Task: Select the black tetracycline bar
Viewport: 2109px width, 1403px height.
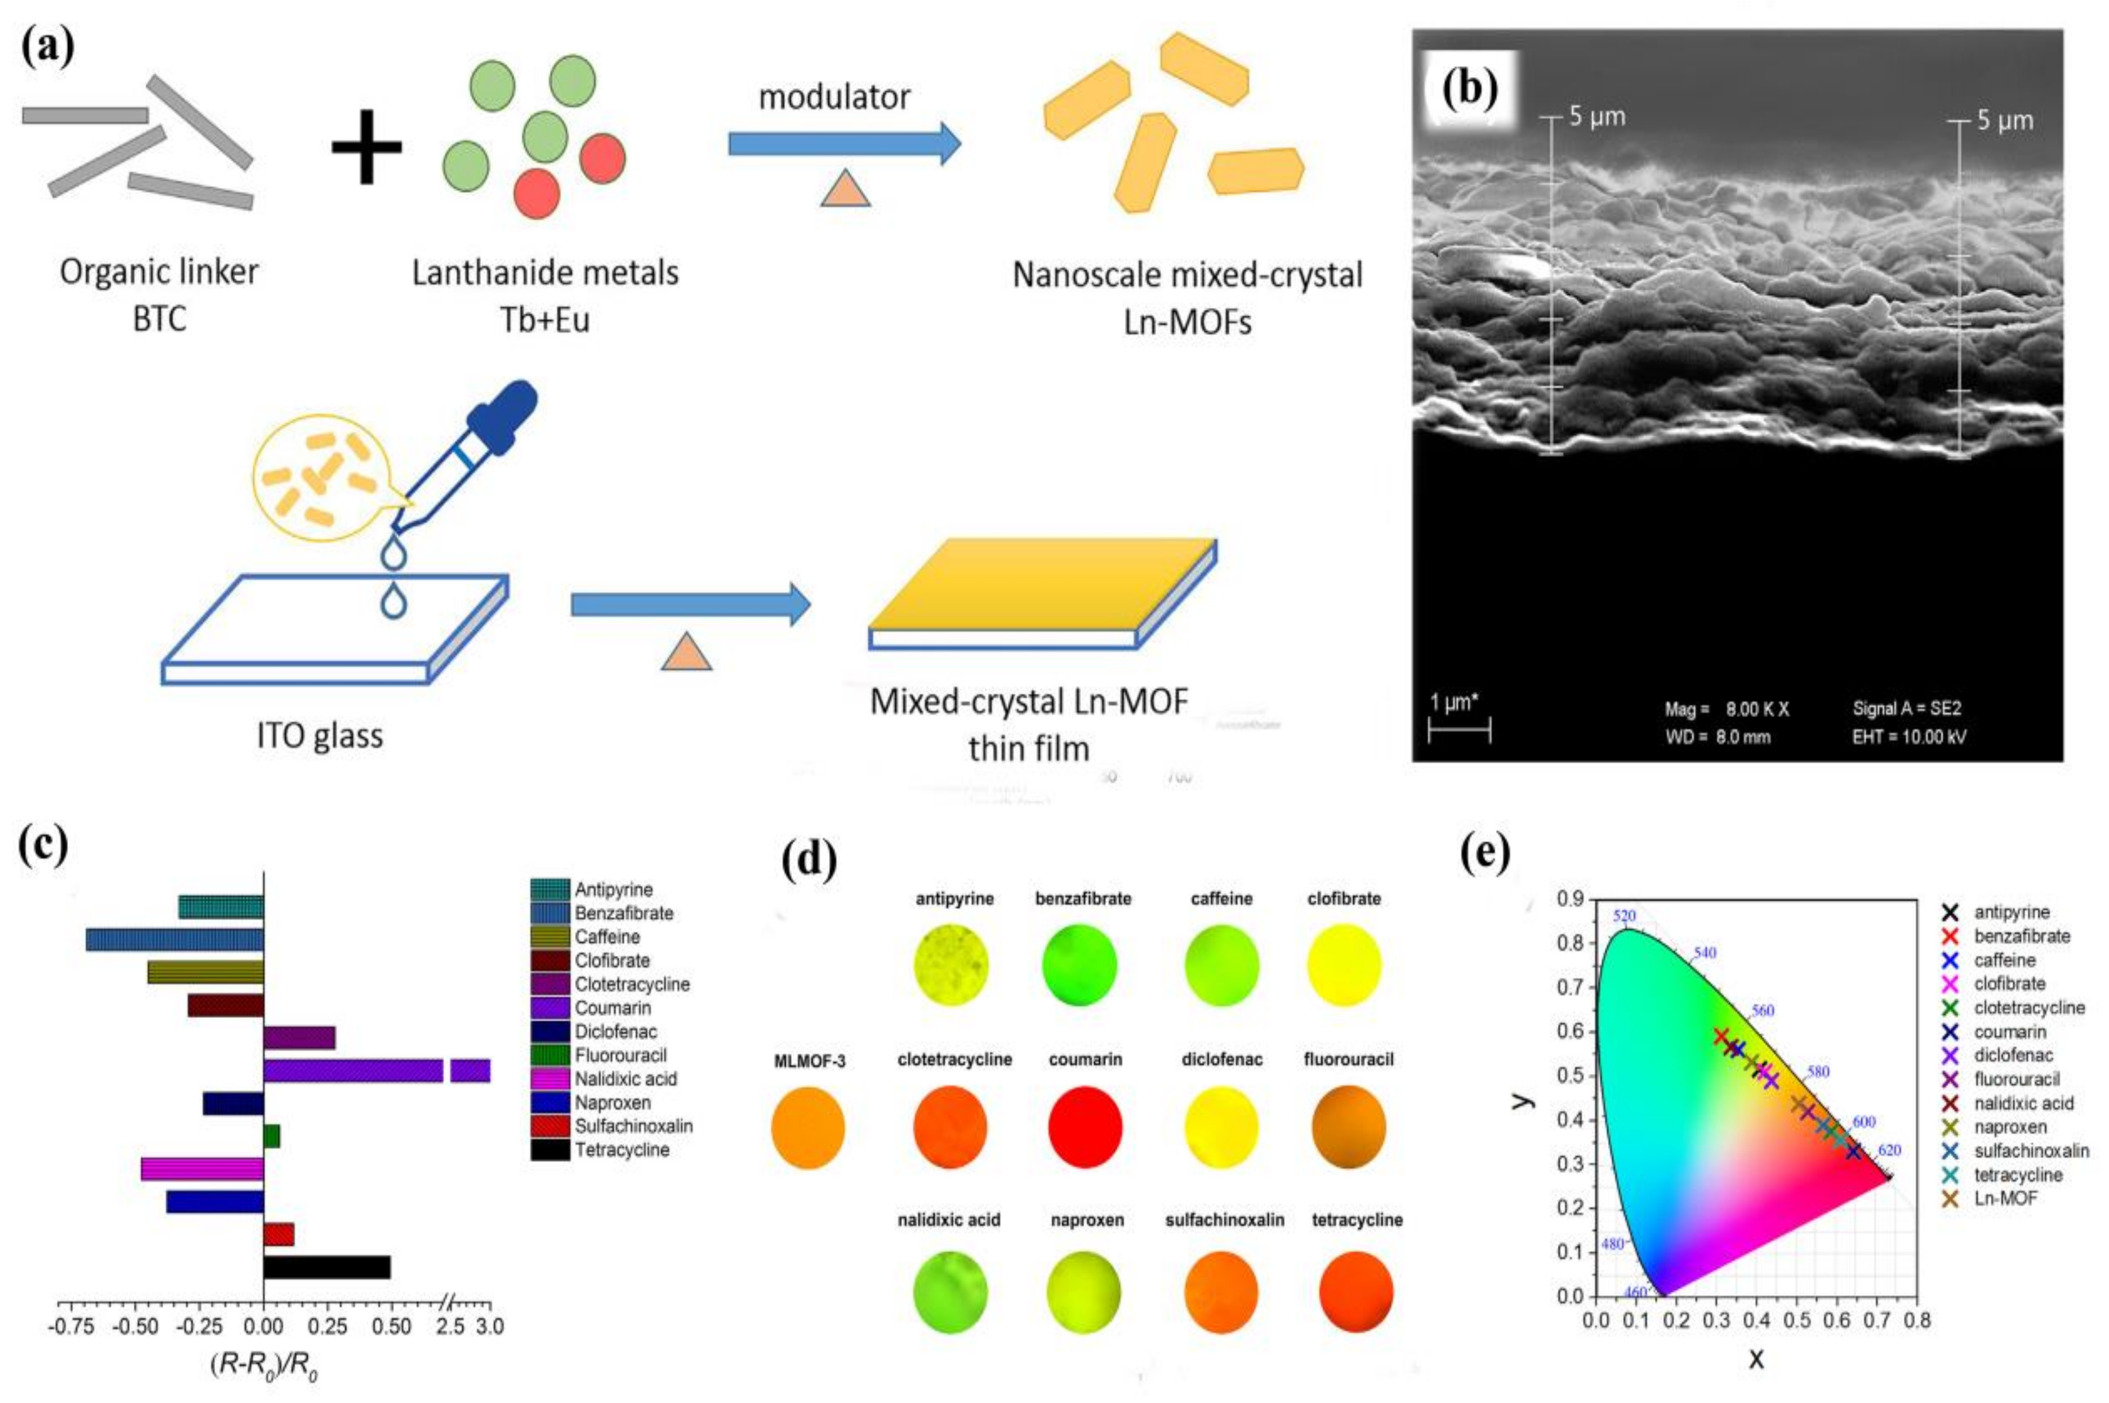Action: [327, 1268]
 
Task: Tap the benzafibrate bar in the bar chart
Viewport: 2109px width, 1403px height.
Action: [175, 940]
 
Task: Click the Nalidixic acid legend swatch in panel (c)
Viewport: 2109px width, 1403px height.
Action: [550, 1079]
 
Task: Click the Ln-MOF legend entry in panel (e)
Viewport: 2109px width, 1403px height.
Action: [2005, 1198]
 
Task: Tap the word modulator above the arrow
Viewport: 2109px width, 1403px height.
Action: [834, 97]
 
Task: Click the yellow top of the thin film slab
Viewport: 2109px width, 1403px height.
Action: [1043, 583]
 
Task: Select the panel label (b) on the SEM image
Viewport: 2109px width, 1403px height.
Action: [1470, 89]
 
